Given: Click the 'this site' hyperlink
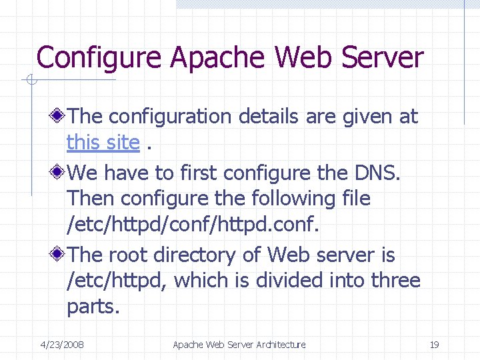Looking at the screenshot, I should pos(103,142).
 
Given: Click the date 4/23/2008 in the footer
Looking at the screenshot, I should pos(62,345).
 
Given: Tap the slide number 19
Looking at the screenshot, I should pos(434,345).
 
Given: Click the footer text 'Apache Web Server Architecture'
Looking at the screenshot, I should pos(239,345).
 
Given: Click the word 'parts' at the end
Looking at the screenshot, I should pos(91,308).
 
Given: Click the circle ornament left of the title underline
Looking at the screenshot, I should pos(28,81).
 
